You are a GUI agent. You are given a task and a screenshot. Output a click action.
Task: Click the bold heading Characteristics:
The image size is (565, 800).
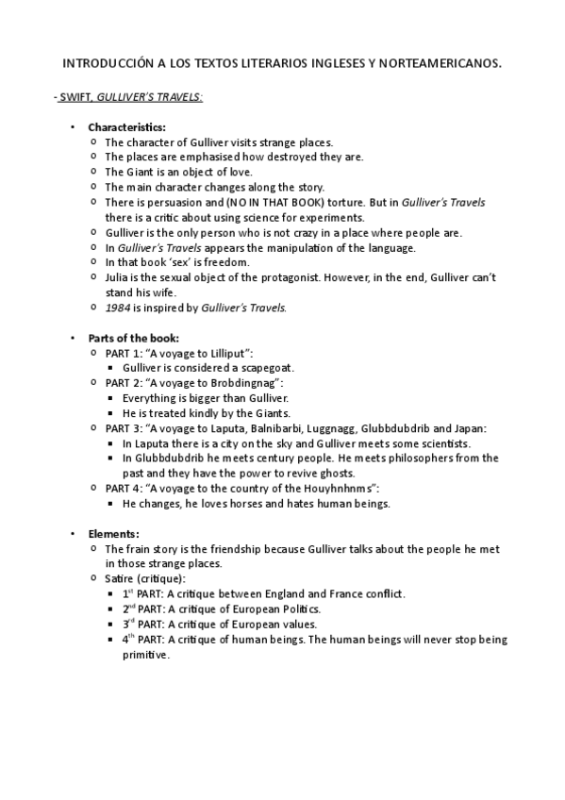[126, 127]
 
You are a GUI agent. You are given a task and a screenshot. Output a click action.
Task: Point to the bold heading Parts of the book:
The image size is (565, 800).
[133, 338]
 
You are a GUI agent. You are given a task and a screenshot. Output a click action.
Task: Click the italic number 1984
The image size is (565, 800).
[117, 308]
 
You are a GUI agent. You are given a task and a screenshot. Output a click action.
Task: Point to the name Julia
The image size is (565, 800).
[118, 277]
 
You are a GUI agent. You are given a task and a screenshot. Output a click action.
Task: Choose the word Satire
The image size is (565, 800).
[121, 577]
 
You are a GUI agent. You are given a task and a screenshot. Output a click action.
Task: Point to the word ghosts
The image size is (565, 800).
[334, 473]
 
